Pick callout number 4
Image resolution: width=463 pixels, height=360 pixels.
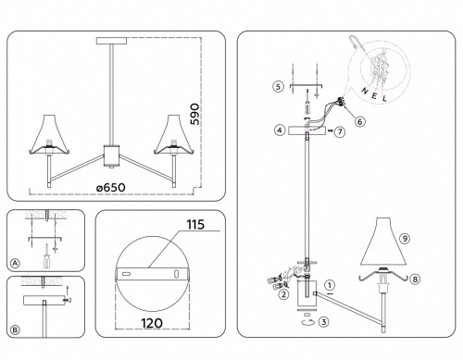(x=278, y=131)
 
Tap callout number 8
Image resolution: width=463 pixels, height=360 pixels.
(x=415, y=278)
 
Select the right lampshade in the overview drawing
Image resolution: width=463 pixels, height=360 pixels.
(x=171, y=135)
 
